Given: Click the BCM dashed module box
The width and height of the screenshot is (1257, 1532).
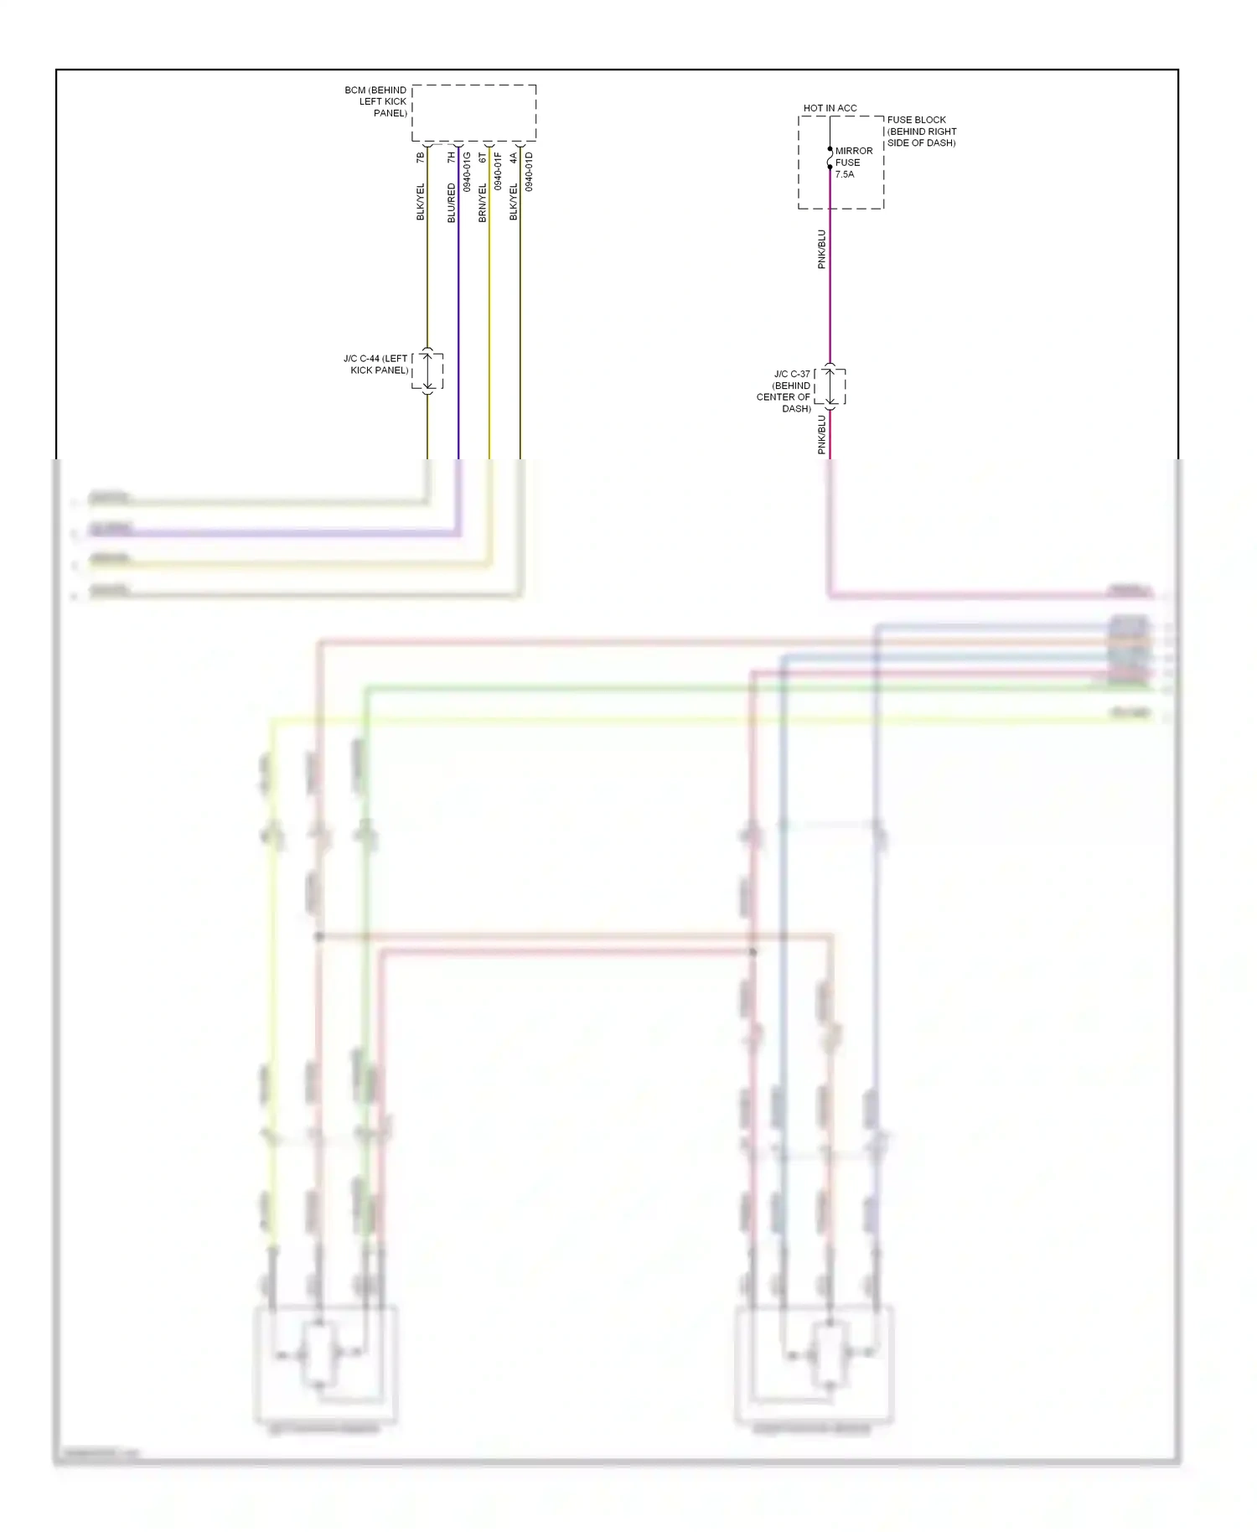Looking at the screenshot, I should pos(473,112).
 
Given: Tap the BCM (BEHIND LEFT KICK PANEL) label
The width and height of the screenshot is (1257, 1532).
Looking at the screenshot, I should pos(376,101).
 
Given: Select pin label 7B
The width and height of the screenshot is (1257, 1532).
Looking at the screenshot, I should pos(421,157).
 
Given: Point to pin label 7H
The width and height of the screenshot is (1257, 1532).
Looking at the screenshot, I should pos(452,157).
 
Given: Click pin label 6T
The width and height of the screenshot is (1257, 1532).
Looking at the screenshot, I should pos(483,157).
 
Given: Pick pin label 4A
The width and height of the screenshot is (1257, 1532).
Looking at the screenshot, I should pos(514,157).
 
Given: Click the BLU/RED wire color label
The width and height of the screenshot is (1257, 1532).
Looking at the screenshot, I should pos(452,203).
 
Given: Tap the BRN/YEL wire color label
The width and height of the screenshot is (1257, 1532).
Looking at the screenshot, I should pos(483,203).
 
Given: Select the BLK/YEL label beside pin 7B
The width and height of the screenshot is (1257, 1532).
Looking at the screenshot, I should pos(421,202).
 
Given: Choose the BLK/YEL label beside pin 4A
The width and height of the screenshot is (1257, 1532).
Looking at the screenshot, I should pos(514,202).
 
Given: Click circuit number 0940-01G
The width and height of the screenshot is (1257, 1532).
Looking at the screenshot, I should pos(467,172).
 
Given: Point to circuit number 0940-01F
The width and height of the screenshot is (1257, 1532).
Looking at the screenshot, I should pos(498,172).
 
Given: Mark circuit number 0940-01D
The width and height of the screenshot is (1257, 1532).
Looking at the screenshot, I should pos(529,172).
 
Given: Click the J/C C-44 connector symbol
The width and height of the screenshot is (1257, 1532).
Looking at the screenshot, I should pos(427,370).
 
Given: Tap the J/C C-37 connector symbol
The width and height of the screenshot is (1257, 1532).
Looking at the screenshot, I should pos(830,386).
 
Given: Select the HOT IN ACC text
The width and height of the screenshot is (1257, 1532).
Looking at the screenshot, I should pos(830,108).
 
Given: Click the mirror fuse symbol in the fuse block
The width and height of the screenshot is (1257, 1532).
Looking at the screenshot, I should pos(830,158).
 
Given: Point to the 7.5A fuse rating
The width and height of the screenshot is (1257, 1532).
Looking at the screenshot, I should pos(845,174).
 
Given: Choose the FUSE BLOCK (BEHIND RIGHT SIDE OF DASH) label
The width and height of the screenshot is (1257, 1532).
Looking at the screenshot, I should pos(921,132).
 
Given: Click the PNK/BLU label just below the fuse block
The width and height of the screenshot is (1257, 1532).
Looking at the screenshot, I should pos(822,249).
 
